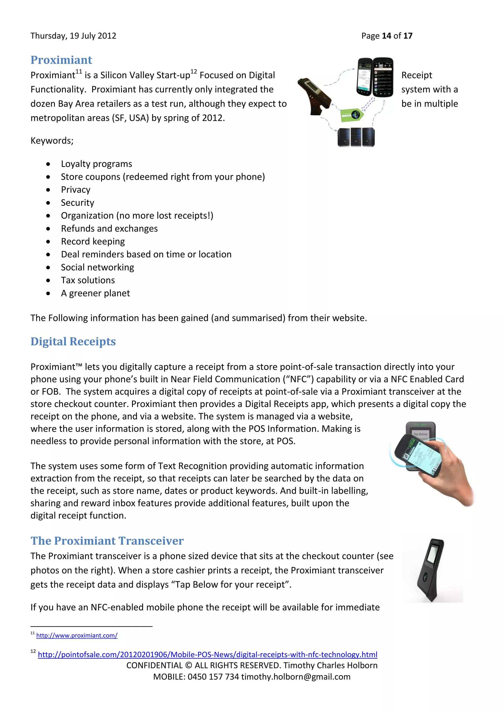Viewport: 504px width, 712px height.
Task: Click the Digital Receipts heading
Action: click(73, 341)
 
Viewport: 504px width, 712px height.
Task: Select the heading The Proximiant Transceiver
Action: click(107, 541)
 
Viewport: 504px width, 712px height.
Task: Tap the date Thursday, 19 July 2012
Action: click(73, 36)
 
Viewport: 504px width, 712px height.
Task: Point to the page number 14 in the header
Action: click(386, 36)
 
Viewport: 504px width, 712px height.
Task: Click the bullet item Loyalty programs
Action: click(96, 164)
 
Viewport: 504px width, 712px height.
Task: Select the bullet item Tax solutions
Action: click(88, 280)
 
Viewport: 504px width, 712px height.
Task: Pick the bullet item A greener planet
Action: click(95, 293)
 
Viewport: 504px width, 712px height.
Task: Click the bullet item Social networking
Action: click(97, 267)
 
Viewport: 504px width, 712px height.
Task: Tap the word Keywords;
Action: click(52, 141)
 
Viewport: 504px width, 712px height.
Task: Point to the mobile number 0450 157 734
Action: click(213, 677)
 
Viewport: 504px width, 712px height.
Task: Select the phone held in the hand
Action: click(419, 455)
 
